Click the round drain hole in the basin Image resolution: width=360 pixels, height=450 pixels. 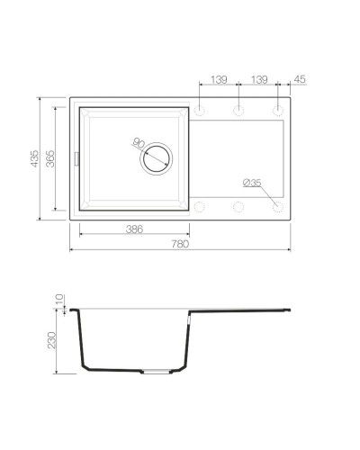coord(155,157)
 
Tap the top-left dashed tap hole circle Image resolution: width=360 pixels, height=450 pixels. coord(199,111)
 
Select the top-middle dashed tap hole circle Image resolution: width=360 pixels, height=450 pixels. coord(238,111)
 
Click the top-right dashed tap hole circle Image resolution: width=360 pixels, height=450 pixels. coord(278,111)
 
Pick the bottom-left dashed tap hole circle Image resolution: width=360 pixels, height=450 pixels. coord(199,207)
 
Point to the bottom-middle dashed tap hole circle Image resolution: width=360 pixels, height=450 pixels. coord(238,207)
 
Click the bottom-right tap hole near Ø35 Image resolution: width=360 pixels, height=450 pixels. coord(278,207)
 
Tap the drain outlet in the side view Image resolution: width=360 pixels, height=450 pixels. coord(156,371)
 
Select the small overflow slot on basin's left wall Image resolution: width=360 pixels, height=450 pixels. coord(77,158)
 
